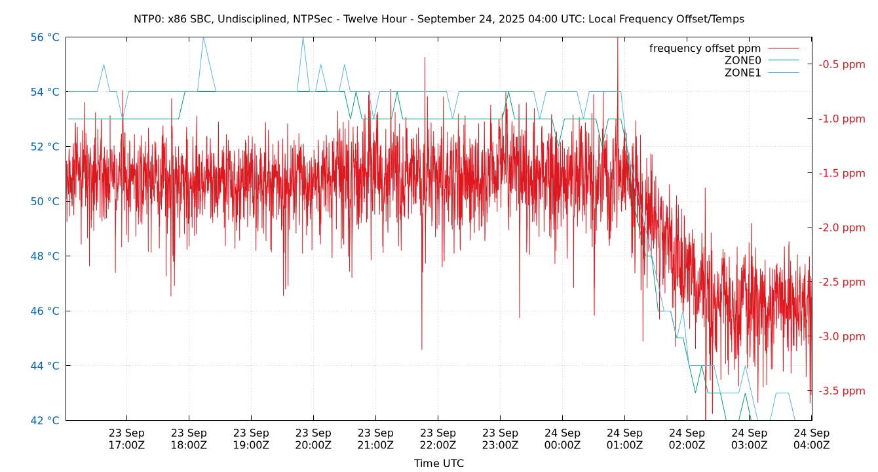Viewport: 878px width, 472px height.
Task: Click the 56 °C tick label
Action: [45, 37]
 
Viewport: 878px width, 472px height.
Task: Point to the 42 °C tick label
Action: [45, 420]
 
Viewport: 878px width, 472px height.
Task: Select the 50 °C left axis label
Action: [45, 201]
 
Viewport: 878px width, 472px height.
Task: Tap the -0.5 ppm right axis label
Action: [841, 64]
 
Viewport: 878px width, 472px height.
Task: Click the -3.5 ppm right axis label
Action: [841, 391]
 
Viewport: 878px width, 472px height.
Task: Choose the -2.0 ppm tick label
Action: [841, 227]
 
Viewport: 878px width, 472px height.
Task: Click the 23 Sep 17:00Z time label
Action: [126, 439]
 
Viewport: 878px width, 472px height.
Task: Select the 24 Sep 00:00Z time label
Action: [562, 439]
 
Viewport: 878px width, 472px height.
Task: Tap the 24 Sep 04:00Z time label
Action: [811, 439]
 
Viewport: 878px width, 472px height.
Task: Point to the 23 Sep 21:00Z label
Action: [375, 439]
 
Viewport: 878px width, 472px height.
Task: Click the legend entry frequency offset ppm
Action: [705, 49]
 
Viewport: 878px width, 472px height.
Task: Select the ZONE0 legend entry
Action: [742, 60]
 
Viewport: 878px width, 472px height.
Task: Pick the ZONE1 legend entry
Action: [742, 73]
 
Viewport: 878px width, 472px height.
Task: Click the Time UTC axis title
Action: [438, 463]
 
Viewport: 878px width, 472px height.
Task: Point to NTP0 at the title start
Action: [148, 19]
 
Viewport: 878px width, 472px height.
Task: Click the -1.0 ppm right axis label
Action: [841, 119]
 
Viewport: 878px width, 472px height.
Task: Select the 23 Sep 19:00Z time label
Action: [251, 439]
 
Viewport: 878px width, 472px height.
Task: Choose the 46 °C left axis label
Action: [45, 311]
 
